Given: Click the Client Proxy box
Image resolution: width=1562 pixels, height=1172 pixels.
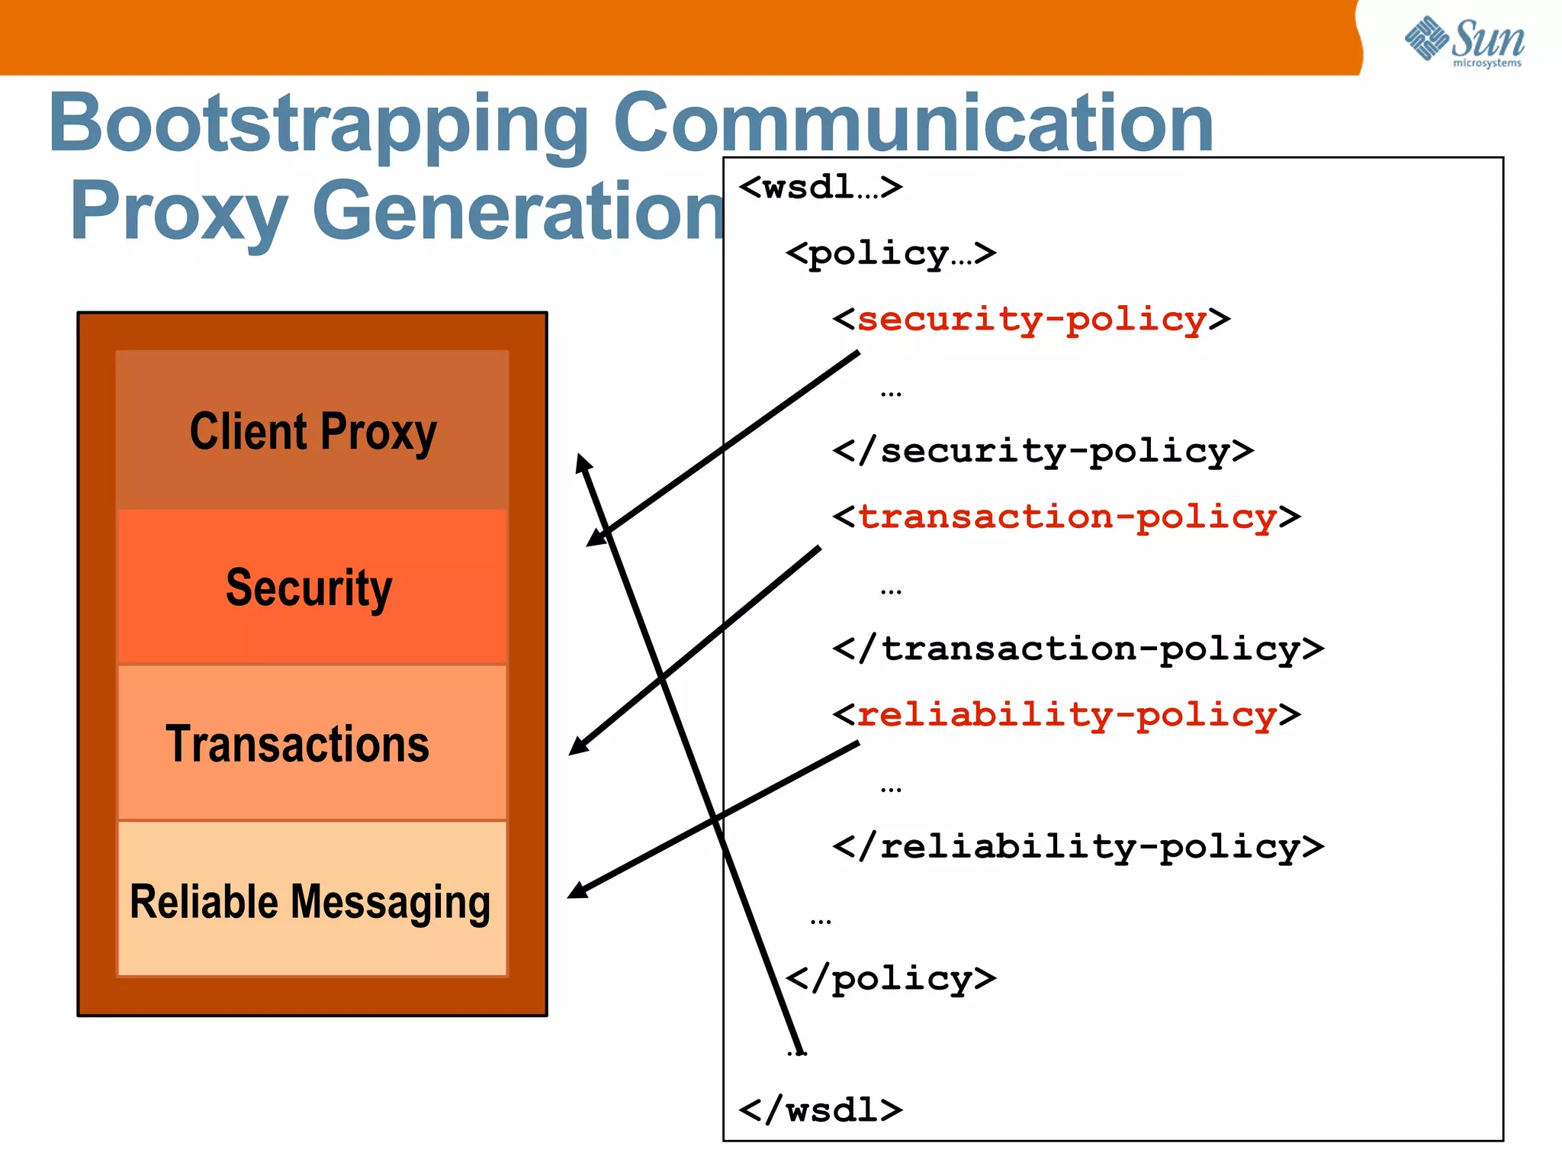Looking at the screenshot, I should [x=313, y=431].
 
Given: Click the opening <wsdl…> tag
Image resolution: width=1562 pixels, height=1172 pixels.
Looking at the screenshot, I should [x=821, y=187].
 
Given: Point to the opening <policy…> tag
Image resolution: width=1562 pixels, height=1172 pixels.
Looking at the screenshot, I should [x=890, y=253].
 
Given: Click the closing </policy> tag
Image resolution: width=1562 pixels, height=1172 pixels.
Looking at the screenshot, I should [x=890, y=979].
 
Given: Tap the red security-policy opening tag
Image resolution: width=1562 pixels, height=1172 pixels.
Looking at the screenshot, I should [x=1031, y=319].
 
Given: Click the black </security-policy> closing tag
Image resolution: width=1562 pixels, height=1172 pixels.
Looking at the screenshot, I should [x=1043, y=451].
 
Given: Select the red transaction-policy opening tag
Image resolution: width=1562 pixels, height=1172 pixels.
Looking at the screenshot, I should [x=1066, y=517].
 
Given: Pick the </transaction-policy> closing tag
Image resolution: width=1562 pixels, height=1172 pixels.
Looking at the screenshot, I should [x=1078, y=649].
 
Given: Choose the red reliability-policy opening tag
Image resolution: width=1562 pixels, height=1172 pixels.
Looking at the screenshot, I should [x=1066, y=715].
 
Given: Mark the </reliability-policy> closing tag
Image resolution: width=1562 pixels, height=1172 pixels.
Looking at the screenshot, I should [x=1078, y=847].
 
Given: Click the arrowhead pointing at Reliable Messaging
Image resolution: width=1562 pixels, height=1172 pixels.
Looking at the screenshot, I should [x=578, y=890].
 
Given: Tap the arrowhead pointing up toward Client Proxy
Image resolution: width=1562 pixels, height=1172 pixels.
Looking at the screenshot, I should [x=583, y=462].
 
